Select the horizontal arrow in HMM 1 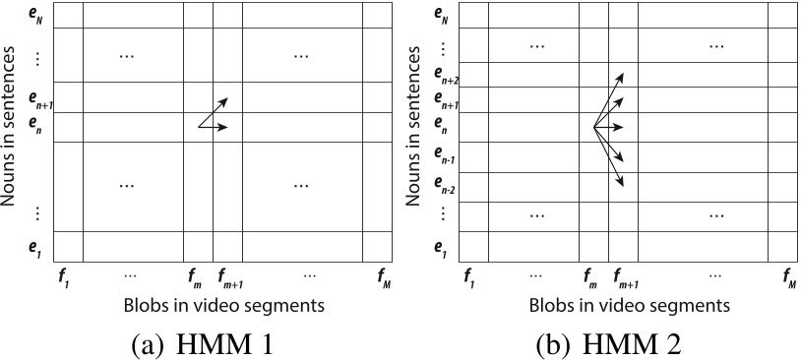[x=215, y=127]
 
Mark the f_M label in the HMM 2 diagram [x=786, y=278]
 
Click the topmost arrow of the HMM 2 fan [x=610, y=96]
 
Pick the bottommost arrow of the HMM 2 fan [x=610, y=157]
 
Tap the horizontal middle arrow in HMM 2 [x=610, y=127]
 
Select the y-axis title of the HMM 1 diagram [x=12, y=127]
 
